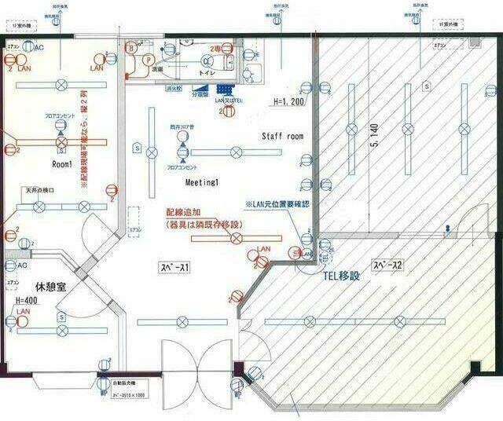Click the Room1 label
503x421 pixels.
coord(62,165)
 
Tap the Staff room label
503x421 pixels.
coord(282,136)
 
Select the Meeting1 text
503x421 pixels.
coord(201,181)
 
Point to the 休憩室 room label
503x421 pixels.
coord(49,287)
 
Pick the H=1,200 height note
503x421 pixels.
coord(289,102)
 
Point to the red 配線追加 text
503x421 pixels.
coord(182,213)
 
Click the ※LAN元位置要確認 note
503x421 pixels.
coord(277,204)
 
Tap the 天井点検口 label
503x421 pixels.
coord(39,190)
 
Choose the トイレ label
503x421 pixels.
coord(207,72)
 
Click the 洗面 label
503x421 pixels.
coord(157,69)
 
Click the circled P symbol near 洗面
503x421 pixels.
coord(147,59)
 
